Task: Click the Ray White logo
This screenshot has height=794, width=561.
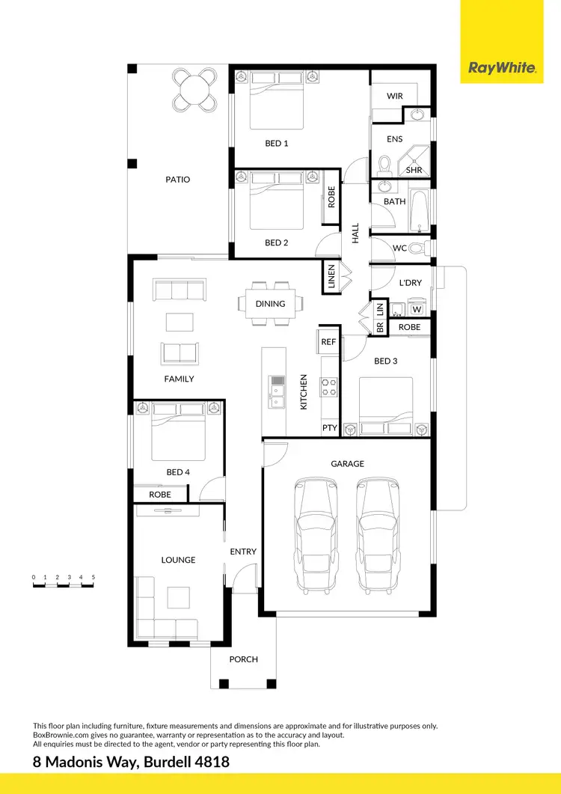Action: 502,68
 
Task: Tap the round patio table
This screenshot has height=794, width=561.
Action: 195,90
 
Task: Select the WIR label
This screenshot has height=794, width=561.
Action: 395,97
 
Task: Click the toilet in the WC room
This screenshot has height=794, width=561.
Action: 421,248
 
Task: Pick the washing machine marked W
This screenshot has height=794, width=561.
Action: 417,309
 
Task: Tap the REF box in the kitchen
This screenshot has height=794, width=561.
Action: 328,341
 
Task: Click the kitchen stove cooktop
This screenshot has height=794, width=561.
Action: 328,386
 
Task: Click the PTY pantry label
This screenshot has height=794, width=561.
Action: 329,428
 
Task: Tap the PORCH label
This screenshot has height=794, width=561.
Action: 243,659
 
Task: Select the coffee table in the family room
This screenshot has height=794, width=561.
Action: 179,322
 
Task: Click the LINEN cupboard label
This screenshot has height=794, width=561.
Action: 331,277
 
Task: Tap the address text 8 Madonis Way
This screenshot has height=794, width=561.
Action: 131,762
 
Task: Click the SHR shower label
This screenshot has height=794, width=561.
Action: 414,170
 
